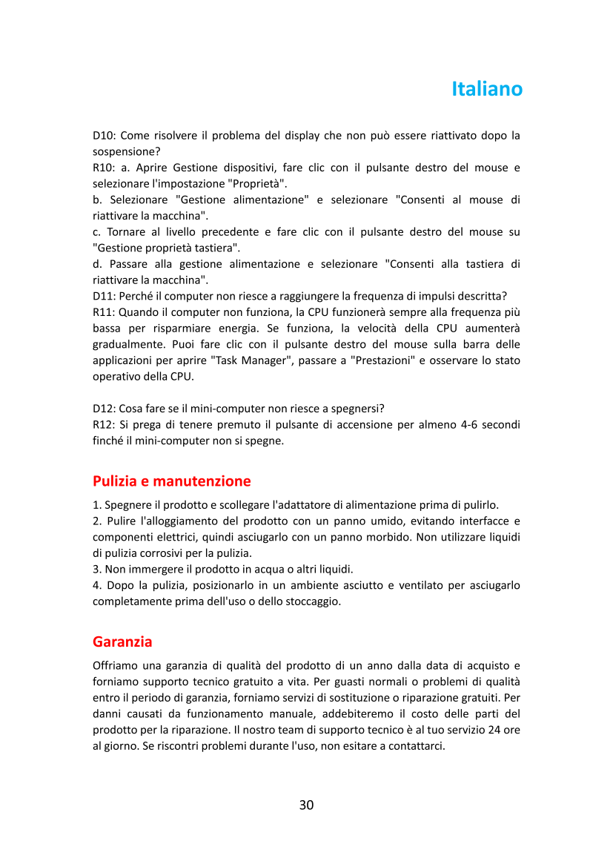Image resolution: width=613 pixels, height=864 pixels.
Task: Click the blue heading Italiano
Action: [x=487, y=89]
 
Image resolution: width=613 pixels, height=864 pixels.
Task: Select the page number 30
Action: [x=306, y=805]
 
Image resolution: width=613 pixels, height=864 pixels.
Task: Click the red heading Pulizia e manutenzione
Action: [x=171, y=481]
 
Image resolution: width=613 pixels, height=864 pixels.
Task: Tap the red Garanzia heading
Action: [x=122, y=641]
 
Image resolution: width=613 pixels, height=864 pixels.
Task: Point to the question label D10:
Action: [x=105, y=136]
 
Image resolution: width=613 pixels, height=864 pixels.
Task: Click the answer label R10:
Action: [x=105, y=168]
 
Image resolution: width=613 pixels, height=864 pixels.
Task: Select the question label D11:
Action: [x=105, y=297]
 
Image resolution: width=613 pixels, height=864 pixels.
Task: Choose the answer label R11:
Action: [x=105, y=312]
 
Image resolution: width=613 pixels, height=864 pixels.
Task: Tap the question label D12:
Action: [x=105, y=409]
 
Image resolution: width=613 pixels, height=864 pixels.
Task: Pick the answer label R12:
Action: [x=105, y=425]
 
